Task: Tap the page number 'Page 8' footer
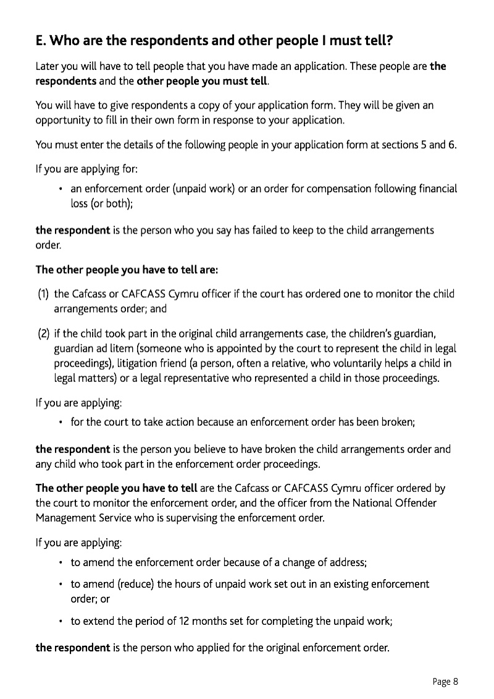coord(445,682)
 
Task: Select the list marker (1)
coord(43,294)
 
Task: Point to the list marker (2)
coord(43,334)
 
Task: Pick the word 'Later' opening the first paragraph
coord(48,66)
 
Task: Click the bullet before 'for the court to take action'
coord(61,423)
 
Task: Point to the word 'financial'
coord(435,189)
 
